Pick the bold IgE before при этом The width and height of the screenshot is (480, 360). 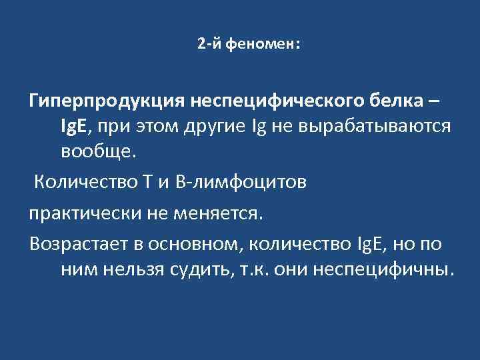pos(76,126)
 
